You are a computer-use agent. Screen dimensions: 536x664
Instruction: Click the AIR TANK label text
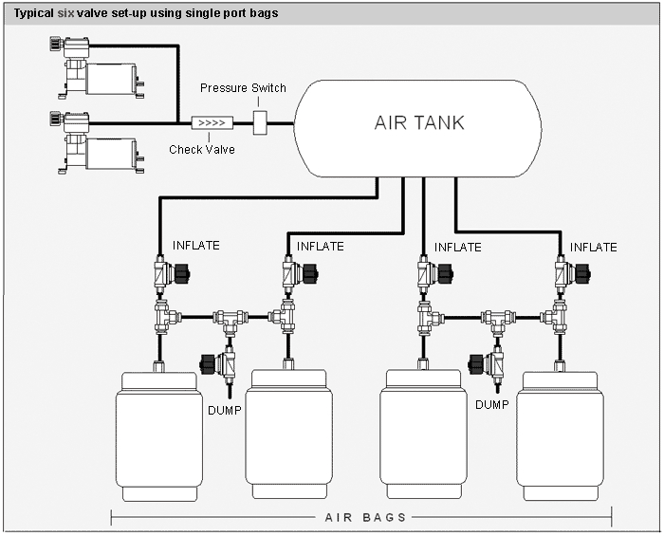(x=418, y=123)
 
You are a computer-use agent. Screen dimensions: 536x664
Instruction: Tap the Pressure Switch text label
(x=243, y=88)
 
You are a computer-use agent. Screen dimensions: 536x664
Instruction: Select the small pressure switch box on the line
(x=262, y=122)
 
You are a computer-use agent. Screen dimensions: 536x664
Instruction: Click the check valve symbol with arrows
(x=209, y=122)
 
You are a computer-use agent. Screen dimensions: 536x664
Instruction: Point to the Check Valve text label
(x=202, y=149)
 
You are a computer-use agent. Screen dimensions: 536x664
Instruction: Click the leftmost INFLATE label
(x=195, y=246)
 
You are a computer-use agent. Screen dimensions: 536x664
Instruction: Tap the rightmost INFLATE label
(x=593, y=248)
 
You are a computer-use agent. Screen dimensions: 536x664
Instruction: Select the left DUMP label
(x=223, y=411)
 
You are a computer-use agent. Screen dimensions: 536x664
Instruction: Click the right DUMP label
(x=491, y=404)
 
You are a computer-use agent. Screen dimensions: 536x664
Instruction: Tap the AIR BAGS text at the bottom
(x=365, y=517)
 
